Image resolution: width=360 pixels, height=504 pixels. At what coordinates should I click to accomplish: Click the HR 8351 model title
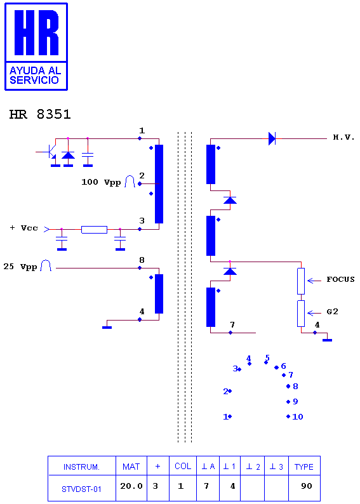[x=40, y=114]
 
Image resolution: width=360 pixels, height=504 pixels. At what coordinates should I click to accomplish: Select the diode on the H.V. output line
[x=272, y=138]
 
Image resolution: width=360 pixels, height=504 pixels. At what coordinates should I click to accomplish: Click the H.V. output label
[x=343, y=138]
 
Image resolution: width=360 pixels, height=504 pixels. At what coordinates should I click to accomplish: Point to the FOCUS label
[x=340, y=279]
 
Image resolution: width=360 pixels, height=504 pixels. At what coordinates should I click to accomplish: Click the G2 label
[x=332, y=312]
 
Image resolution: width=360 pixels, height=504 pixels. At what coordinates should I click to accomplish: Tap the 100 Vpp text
[x=101, y=182]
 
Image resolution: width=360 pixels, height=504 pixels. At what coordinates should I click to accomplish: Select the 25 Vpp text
[x=20, y=267]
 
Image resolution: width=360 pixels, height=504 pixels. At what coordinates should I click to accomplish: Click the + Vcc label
[x=23, y=228]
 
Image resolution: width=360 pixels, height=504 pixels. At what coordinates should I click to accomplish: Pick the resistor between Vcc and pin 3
[x=94, y=230]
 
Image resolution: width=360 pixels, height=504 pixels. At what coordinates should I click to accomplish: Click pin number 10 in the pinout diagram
[x=298, y=417]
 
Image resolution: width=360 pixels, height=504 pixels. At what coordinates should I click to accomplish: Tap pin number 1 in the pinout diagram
[x=225, y=417]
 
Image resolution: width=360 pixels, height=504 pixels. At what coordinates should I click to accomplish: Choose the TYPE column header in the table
[x=304, y=467]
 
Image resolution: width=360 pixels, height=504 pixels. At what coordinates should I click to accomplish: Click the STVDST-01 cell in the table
[x=81, y=489]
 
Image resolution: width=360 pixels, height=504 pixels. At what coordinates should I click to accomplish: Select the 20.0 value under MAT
[x=131, y=486]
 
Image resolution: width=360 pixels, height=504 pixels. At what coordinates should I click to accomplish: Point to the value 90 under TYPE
[x=307, y=486]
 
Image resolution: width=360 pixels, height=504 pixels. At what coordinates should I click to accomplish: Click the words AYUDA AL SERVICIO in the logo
[x=35, y=75]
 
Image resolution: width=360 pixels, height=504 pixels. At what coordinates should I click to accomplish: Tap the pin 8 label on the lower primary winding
[x=142, y=260]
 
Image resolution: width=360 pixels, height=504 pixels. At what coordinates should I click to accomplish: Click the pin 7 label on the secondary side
[x=232, y=324]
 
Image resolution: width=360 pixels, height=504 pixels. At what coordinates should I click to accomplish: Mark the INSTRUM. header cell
[x=81, y=467]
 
